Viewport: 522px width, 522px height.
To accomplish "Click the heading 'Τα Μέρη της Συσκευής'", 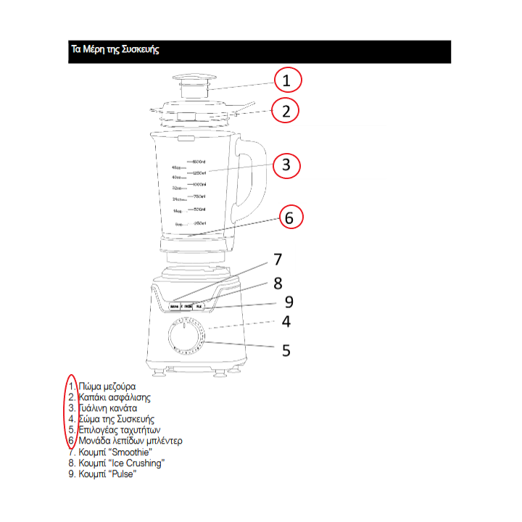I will point(114,50).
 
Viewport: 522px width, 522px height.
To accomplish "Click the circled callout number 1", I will point(286,80).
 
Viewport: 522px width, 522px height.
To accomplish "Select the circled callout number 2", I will point(286,111).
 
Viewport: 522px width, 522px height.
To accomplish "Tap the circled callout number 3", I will point(286,165).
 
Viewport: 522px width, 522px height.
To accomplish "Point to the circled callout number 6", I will point(288,217).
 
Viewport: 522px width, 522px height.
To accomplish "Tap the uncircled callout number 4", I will point(286,322).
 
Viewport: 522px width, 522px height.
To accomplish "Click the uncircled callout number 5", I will point(286,349).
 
